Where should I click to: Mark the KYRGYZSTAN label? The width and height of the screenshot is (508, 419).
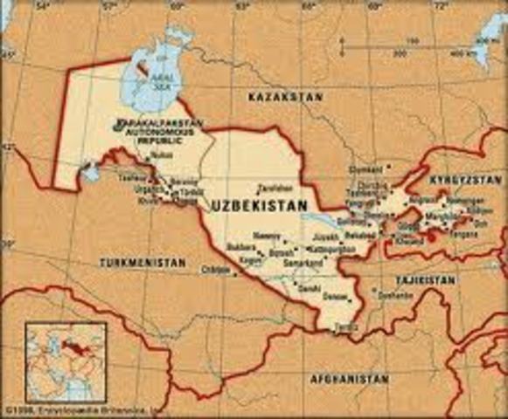coord(471,178)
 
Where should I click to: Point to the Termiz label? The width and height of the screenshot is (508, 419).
coord(345,326)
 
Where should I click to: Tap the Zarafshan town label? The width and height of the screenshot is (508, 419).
coord(273,188)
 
